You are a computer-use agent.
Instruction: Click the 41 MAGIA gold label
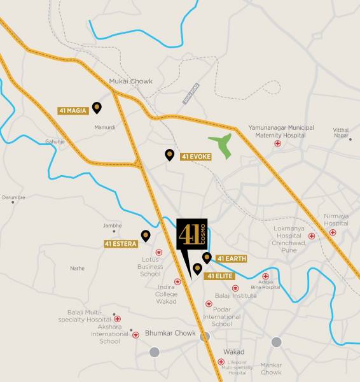click(x=72, y=110)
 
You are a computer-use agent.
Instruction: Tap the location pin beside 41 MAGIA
click(x=97, y=107)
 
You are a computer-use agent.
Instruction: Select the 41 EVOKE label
click(x=195, y=157)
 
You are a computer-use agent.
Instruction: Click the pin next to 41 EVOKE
click(x=169, y=154)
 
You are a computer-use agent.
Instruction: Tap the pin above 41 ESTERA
click(x=146, y=236)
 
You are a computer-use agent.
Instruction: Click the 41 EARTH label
click(x=231, y=258)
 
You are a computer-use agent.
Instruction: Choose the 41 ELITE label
click(x=219, y=276)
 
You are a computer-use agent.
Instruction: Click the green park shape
click(x=223, y=146)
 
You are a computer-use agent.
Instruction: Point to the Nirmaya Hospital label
click(x=336, y=220)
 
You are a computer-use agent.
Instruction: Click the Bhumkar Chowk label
click(x=170, y=333)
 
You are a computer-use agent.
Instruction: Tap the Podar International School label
click(x=222, y=317)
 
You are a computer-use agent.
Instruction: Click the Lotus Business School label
click(x=150, y=267)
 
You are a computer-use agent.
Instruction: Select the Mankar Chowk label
click(x=271, y=369)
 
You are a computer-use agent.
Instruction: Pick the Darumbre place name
click(x=13, y=197)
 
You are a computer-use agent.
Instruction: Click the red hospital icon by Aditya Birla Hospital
click(x=265, y=276)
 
